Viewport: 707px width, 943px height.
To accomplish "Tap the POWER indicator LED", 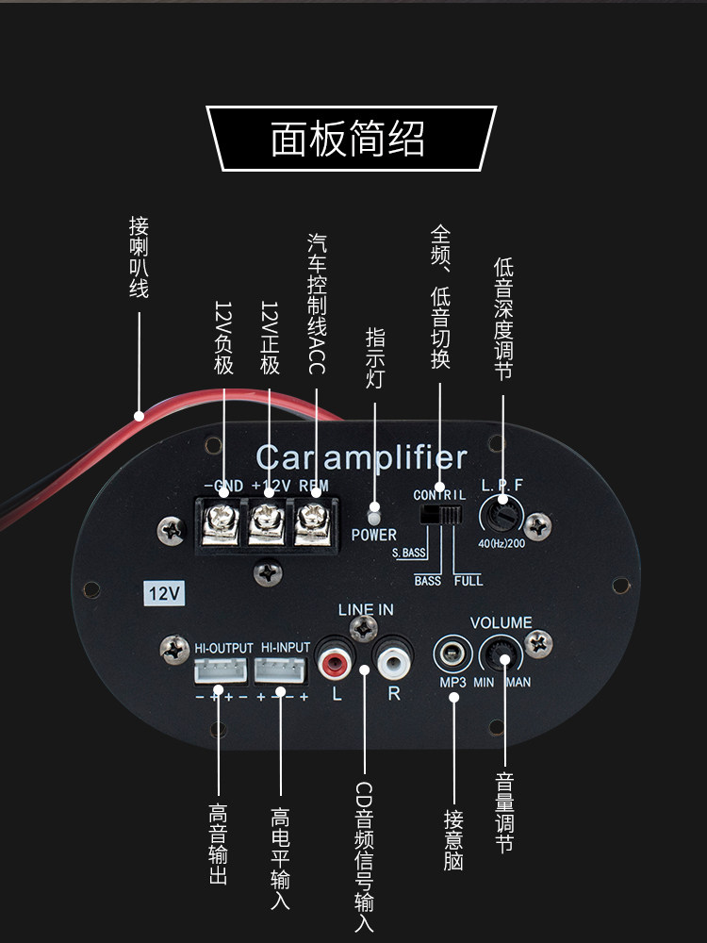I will tap(374, 516).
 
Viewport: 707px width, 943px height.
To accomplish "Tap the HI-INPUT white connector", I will tap(281, 670).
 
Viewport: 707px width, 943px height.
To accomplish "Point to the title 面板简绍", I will tap(349, 138).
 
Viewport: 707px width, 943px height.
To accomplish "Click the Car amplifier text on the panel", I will tap(361, 458).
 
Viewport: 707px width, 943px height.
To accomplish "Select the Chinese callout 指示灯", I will tap(374, 355).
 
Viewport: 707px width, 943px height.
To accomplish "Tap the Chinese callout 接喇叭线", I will tap(140, 256).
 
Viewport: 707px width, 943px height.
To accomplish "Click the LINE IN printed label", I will tap(365, 610).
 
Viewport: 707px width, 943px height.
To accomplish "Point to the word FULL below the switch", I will tap(469, 581).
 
